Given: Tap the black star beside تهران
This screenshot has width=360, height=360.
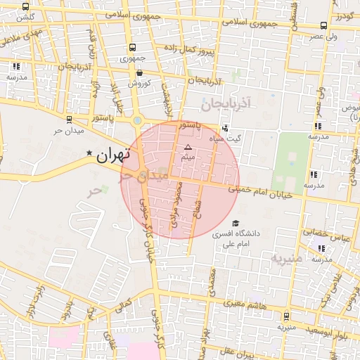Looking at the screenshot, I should pos(89,153).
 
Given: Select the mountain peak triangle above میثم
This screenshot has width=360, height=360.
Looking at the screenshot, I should pos(188,147).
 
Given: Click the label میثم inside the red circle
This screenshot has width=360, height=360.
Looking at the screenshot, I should pos(188,157).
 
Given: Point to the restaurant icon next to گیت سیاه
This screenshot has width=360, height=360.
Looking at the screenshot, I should pos(224,128).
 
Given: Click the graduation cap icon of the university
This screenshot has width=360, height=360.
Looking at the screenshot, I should pos(234,223).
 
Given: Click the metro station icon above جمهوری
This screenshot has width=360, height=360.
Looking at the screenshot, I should pos(132,48).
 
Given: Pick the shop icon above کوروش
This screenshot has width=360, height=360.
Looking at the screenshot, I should pos(139,71).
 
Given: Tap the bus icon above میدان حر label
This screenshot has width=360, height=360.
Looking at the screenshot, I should pos(68,120).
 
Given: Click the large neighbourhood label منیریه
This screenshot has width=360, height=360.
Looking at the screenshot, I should pos(287,259).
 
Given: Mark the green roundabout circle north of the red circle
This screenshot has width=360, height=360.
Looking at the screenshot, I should pos(137,120).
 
